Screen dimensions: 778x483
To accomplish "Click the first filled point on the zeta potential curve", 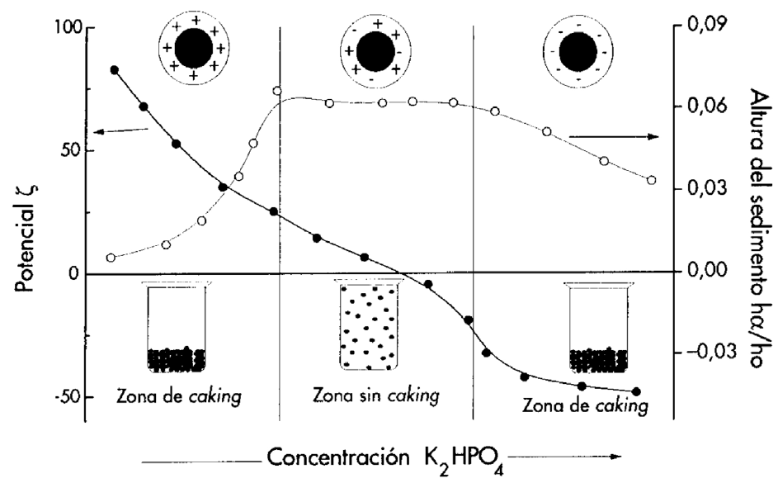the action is tap(114, 70).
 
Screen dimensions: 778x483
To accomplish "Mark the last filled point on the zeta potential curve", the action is tap(635, 391).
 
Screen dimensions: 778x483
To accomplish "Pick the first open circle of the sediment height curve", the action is tap(111, 258).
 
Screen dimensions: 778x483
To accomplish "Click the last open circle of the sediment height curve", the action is tap(652, 180).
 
